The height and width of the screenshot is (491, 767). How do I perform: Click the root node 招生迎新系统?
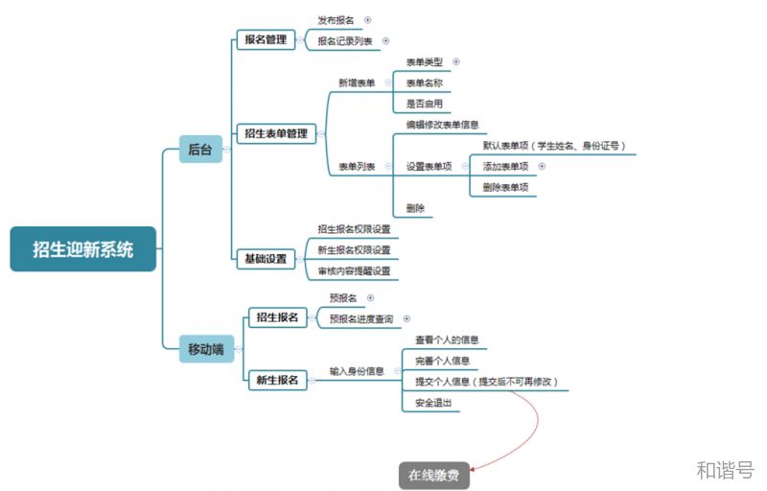[x=83, y=249]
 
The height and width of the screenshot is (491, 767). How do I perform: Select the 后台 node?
[x=200, y=149]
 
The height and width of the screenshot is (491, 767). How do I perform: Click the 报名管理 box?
[x=264, y=39]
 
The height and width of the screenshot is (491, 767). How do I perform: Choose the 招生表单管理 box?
[x=276, y=133]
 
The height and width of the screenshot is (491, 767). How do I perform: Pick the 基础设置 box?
[x=264, y=259]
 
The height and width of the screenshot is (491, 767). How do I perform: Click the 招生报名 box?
[x=276, y=316]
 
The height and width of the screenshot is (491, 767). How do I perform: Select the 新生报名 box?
[x=276, y=380]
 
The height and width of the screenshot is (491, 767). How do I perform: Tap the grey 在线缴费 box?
[x=434, y=475]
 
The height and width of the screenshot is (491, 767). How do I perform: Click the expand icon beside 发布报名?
[x=367, y=19]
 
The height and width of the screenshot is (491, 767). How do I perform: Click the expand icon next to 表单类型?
[x=456, y=61]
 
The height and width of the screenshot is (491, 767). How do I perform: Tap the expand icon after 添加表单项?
[x=542, y=166]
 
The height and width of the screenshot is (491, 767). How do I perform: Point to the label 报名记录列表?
[x=346, y=41]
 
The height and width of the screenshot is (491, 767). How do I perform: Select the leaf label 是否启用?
[x=424, y=104]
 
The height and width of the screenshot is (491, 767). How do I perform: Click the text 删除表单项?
[x=505, y=187]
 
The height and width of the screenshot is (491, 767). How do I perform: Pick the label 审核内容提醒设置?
[x=354, y=271]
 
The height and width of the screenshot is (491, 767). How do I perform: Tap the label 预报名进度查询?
[x=361, y=319]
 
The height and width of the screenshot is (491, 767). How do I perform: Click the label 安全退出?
[x=430, y=403]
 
